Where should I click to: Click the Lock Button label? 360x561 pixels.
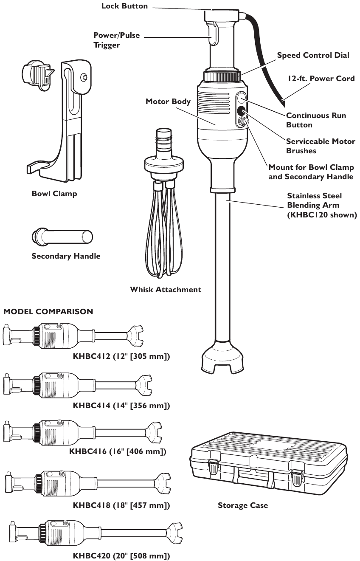(x=124, y=6)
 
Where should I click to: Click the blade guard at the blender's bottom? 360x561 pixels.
(x=224, y=359)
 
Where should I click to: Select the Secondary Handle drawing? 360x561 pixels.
(x=62, y=236)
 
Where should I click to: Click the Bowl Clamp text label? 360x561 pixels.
(x=54, y=194)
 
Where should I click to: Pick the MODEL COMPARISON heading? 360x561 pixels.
(x=48, y=311)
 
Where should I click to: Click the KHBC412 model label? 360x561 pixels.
(x=121, y=356)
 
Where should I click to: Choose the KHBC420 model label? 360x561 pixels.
(x=121, y=555)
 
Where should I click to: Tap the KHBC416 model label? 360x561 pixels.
(x=118, y=451)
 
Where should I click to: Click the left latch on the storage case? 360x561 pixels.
(x=214, y=467)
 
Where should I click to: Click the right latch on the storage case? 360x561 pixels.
(x=298, y=477)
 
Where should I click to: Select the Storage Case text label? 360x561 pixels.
(x=243, y=505)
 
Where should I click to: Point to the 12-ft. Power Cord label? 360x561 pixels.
(x=321, y=78)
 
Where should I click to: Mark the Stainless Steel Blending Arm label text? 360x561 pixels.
(x=322, y=205)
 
